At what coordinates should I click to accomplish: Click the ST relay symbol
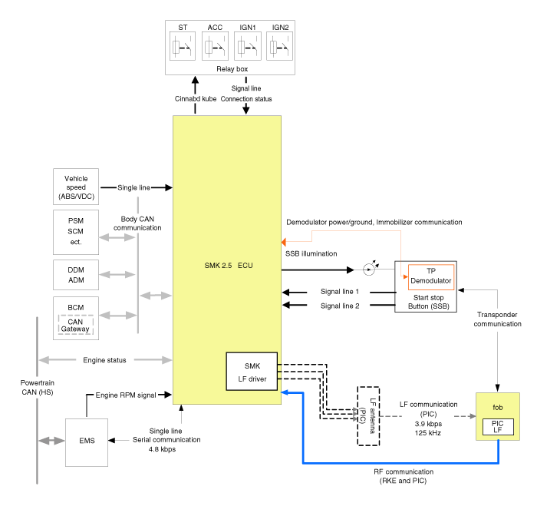point(183,47)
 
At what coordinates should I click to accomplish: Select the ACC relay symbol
point(215,47)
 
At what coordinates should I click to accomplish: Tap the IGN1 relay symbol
point(247,47)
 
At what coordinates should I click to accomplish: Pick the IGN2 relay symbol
point(280,47)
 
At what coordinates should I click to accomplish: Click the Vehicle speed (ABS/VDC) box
point(76,187)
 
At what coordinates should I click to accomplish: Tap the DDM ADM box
point(76,276)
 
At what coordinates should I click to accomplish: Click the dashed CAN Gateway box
point(76,326)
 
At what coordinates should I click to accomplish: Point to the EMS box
point(87,442)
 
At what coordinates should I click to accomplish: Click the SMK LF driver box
point(252,371)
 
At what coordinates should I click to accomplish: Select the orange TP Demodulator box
point(430,276)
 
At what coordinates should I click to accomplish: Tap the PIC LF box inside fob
point(497,427)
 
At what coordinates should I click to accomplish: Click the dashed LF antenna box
point(369,415)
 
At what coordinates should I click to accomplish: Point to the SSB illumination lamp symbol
point(369,270)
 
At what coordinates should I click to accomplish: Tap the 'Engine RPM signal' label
point(126,395)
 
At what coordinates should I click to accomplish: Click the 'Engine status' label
point(104,359)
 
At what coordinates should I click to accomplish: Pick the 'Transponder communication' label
point(497,319)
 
